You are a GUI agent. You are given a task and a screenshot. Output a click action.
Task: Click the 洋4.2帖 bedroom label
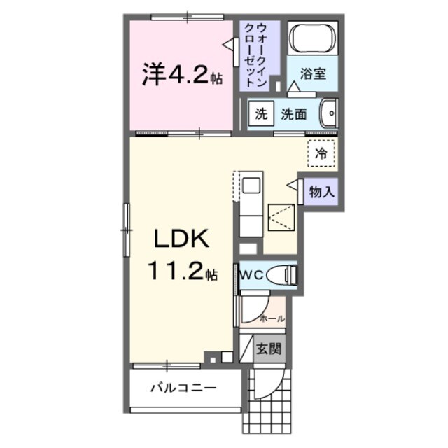point(181,75)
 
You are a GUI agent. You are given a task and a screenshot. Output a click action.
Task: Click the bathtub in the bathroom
point(313,39)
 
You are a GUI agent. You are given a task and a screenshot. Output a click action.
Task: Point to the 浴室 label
point(313,74)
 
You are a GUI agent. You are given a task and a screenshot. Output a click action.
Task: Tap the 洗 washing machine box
point(261,114)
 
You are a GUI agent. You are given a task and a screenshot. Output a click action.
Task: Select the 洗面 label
point(294,114)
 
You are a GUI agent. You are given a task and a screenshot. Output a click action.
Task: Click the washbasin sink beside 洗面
point(328,113)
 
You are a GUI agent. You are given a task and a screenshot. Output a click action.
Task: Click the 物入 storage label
point(322,191)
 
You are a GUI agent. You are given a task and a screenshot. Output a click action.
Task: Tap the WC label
point(252,275)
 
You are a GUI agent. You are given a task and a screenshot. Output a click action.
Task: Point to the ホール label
point(272,318)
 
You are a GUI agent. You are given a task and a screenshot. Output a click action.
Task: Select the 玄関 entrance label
point(267,348)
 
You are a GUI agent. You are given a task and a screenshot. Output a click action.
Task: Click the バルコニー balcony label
point(183,388)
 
